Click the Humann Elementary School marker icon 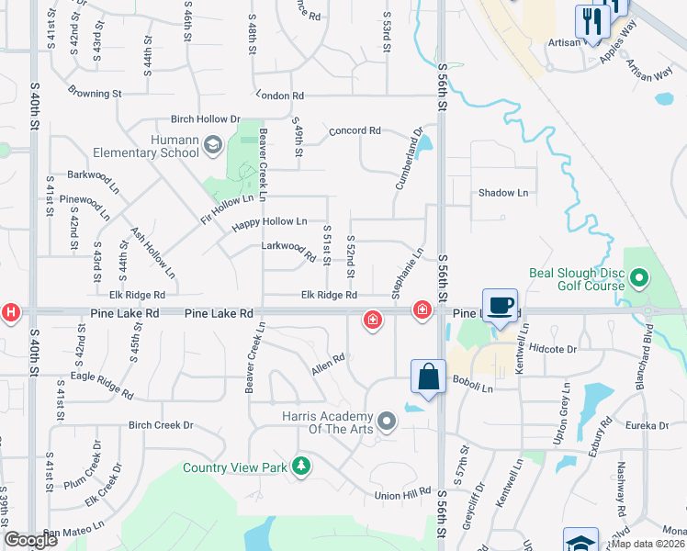[x=213, y=144]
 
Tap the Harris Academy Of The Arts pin [x=387, y=422]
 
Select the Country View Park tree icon [x=300, y=467]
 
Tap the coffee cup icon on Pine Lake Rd [x=500, y=306]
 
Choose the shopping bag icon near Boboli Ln [x=428, y=377]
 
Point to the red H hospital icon [x=11, y=312]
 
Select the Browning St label [x=95, y=93]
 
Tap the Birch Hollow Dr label [x=205, y=119]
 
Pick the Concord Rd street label [x=355, y=131]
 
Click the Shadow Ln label [x=502, y=193]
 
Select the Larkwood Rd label [x=282, y=246]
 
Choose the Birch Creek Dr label [x=162, y=425]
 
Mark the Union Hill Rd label [x=403, y=492]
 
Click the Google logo [x=31, y=540]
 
